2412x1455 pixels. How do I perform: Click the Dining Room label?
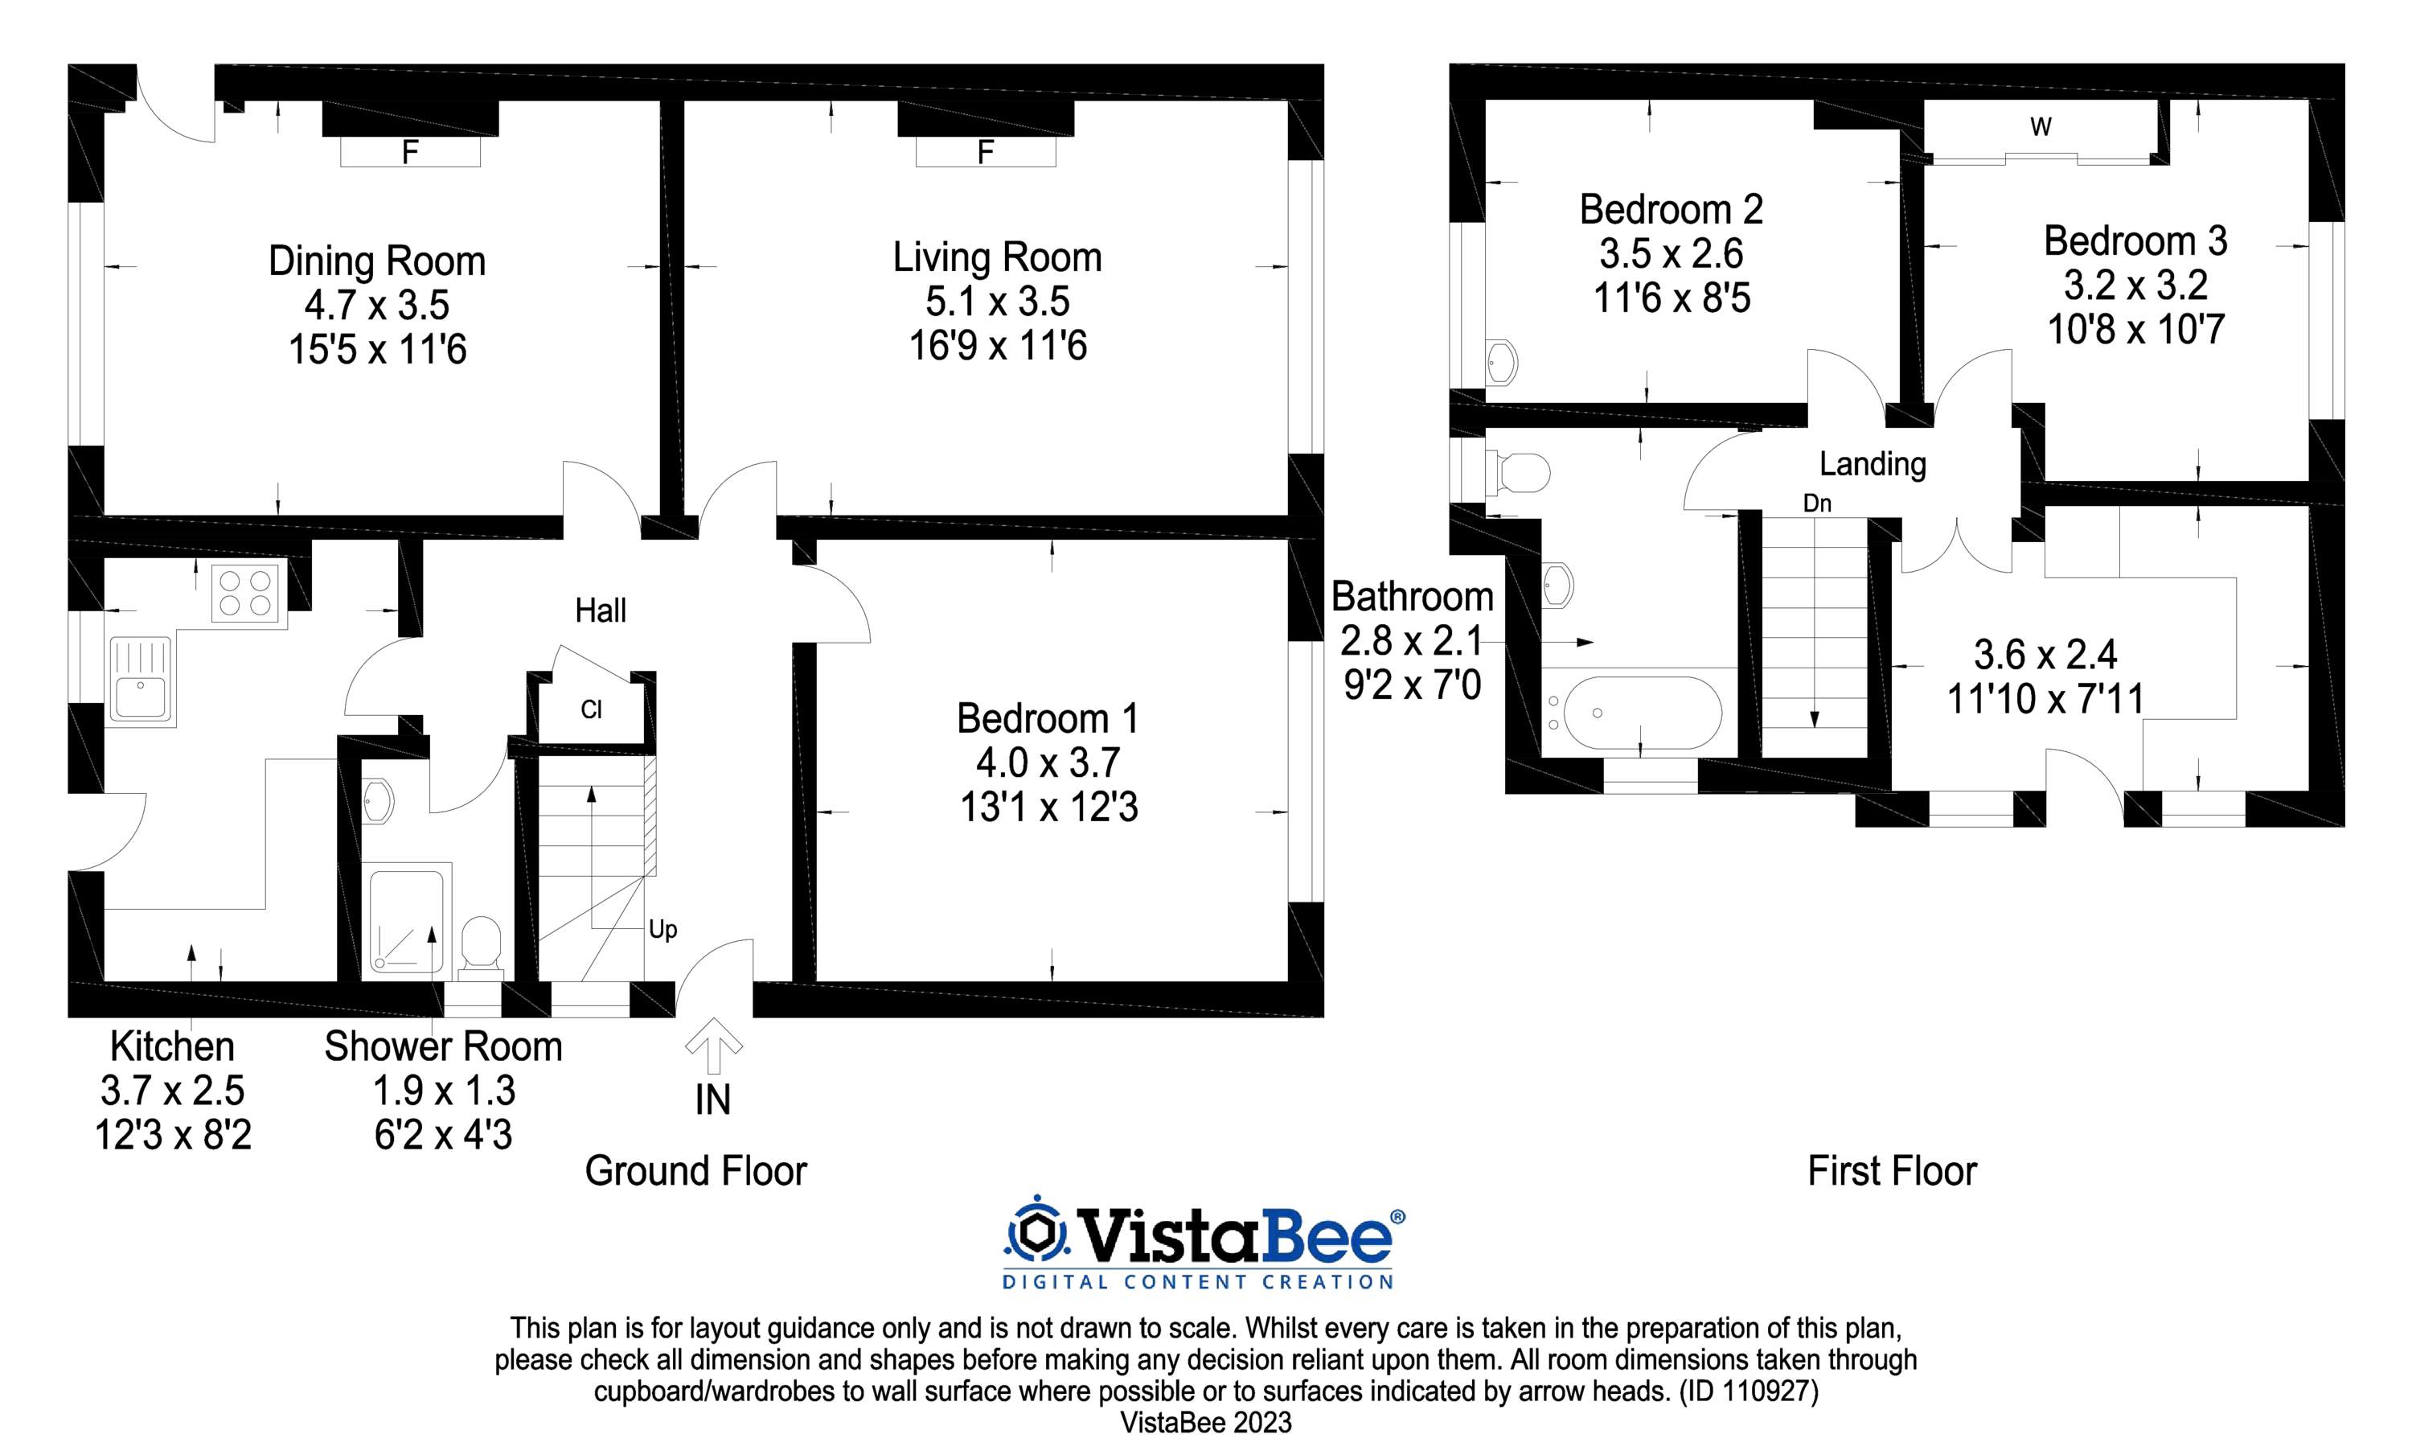coord(377,261)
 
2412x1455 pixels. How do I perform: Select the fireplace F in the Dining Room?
coord(410,152)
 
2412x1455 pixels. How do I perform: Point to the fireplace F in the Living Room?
coord(986,152)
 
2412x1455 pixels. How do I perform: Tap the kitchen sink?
coord(140,680)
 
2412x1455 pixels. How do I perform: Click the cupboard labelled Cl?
coord(591,709)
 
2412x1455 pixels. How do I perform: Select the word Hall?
coord(600,611)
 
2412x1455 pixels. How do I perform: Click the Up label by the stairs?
coord(662,930)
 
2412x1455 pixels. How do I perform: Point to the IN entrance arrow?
coord(712,1046)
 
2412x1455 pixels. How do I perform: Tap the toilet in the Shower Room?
coord(481,947)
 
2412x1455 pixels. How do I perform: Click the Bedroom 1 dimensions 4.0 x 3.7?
coord(1048,762)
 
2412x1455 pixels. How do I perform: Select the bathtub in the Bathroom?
coord(1641,713)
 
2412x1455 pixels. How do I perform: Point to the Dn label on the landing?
coord(1817,503)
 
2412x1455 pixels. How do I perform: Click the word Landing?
coord(1873,464)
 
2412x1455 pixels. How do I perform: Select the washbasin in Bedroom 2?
coord(1502,361)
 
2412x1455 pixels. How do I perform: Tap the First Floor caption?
coord(1892,1171)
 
